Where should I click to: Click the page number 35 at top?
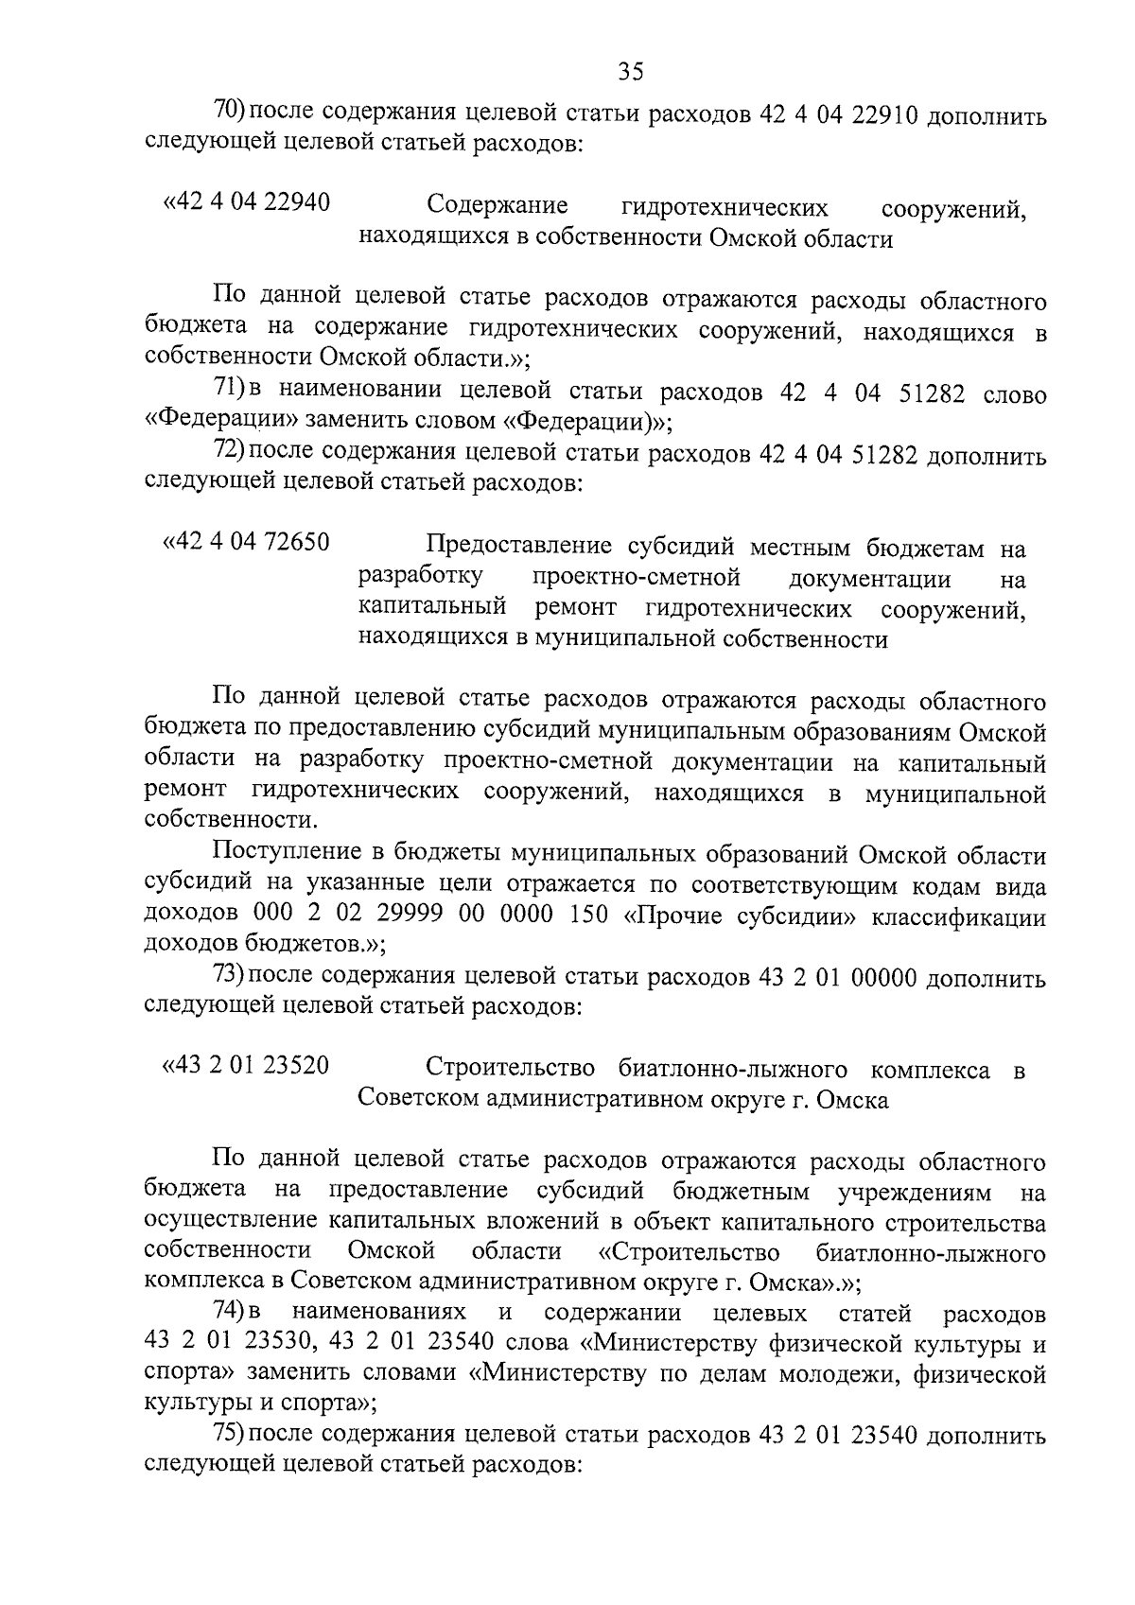630,71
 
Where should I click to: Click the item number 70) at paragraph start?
230,111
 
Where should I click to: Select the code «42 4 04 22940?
247,202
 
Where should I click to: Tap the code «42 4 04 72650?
247,543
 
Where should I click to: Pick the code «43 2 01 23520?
247,1066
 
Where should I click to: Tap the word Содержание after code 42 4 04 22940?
498,205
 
